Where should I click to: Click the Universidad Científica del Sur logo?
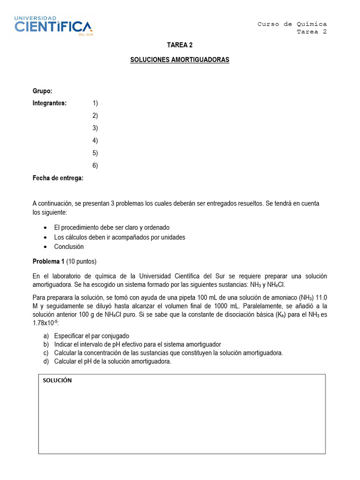53,26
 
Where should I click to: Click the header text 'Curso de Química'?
292,24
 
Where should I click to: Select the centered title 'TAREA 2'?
180,45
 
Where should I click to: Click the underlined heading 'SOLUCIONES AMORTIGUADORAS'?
180,60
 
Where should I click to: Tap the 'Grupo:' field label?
42,90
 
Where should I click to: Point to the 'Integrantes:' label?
50,103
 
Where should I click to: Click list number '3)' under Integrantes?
95,128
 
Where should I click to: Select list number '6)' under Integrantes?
95,165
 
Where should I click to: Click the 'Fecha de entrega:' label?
58,178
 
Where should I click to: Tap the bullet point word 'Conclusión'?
69,247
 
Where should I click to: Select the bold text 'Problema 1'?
48,261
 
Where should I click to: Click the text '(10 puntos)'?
82,261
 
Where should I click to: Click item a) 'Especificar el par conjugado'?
91,336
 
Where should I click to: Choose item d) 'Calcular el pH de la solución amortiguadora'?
112,361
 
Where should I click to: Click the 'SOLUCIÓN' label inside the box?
57,381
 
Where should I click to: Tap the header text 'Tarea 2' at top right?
312,32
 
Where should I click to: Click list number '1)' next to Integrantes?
95,103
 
